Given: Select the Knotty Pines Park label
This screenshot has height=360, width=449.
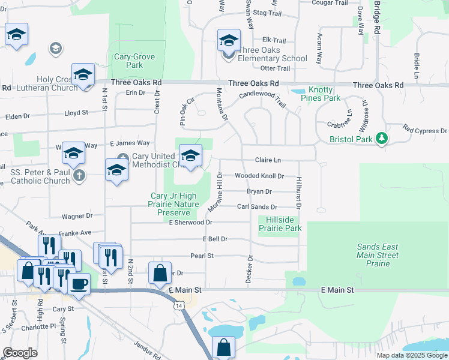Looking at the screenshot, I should (x=316, y=94).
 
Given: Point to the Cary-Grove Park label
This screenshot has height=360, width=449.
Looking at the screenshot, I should (x=134, y=61).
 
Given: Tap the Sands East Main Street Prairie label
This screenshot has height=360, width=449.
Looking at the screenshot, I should (x=378, y=255).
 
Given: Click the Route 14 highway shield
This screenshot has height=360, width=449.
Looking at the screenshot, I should (x=179, y=305).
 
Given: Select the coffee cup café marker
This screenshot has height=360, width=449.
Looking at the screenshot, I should (x=79, y=284).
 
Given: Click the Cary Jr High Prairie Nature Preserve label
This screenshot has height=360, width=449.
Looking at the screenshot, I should (x=173, y=204).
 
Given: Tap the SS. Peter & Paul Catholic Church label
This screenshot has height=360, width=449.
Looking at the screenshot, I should (x=41, y=176).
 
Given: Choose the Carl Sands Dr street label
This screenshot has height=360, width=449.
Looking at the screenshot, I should (x=256, y=206).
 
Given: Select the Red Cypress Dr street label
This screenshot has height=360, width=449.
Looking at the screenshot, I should (x=425, y=130).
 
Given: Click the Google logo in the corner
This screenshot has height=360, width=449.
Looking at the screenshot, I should (x=20, y=353).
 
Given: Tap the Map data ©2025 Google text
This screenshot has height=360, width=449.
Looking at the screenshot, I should (x=412, y=355).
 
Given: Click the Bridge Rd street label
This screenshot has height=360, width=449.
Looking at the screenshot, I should (x=376, y=18).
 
